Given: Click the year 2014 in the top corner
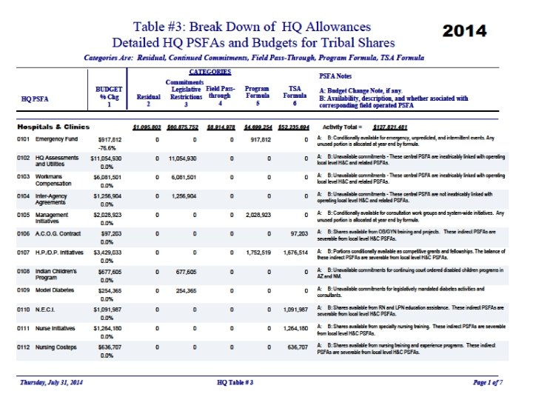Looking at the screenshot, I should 464,30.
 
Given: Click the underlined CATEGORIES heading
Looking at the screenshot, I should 210,72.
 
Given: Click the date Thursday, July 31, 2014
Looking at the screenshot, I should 58,382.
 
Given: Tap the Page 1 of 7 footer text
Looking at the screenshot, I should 488,382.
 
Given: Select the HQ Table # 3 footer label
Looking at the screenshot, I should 235,382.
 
